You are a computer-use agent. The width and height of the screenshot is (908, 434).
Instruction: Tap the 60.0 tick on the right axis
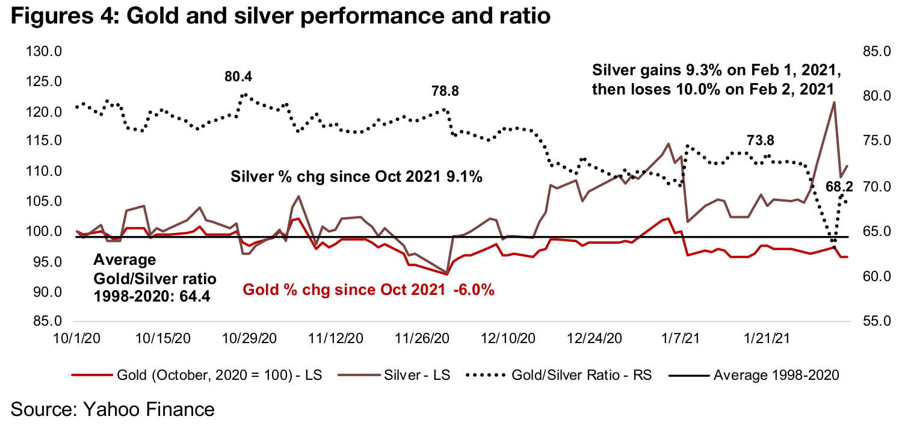click(876, 277)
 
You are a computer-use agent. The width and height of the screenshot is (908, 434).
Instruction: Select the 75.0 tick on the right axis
click(876, 141)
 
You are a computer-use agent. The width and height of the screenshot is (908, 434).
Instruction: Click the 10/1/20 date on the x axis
click(77, 339)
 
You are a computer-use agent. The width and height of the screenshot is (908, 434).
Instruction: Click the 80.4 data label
click(238, 77)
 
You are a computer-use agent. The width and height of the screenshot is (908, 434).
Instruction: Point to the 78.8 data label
click(445, 91)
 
